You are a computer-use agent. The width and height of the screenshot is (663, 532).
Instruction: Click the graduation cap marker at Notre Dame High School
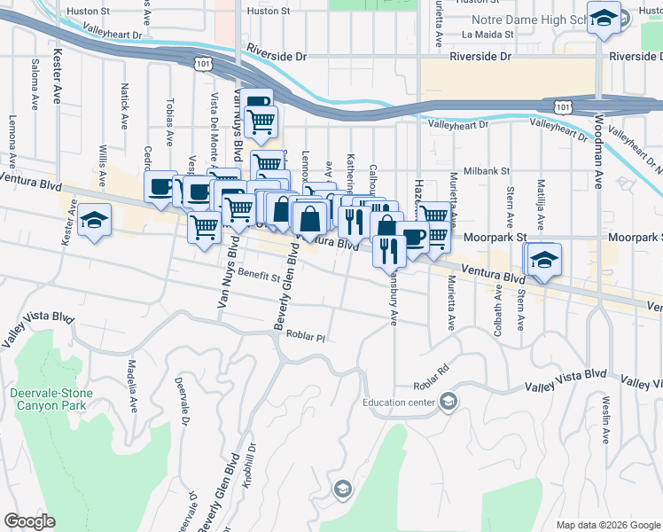604,18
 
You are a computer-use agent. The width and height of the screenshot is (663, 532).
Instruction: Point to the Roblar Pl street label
306,336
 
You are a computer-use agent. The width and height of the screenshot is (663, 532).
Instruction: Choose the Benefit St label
258,277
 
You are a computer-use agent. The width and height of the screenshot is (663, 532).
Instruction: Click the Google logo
30,521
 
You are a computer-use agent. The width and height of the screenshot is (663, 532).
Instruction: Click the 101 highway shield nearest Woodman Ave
562,106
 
